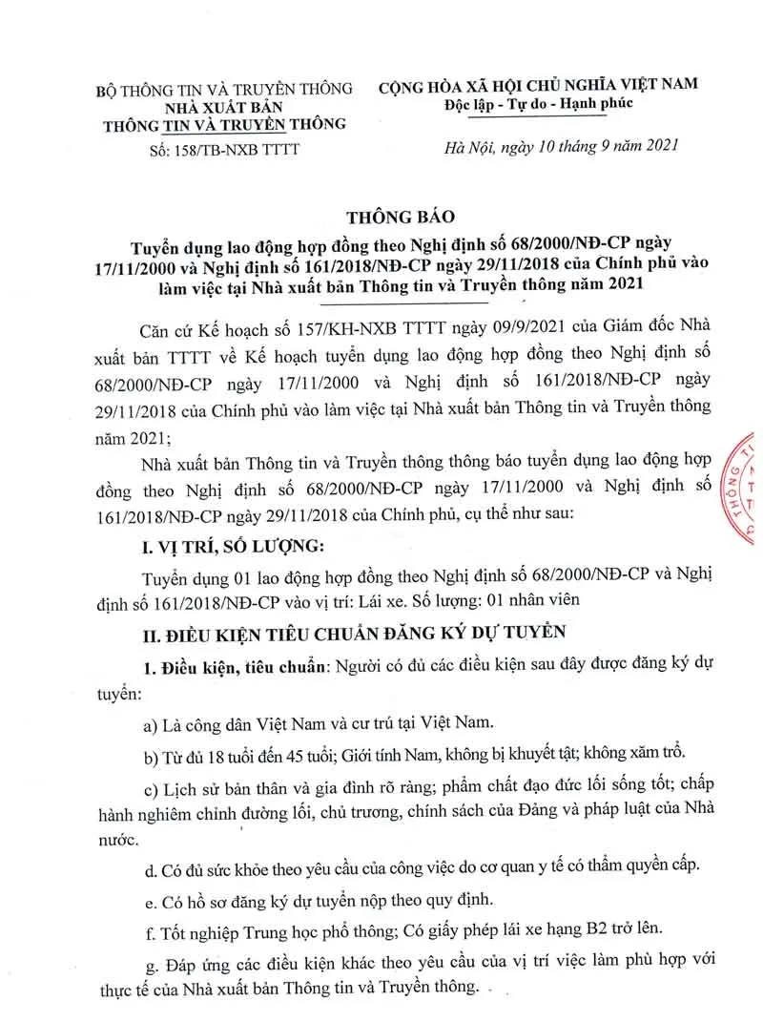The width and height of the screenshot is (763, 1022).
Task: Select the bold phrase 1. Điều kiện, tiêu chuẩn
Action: tap(229, 664)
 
